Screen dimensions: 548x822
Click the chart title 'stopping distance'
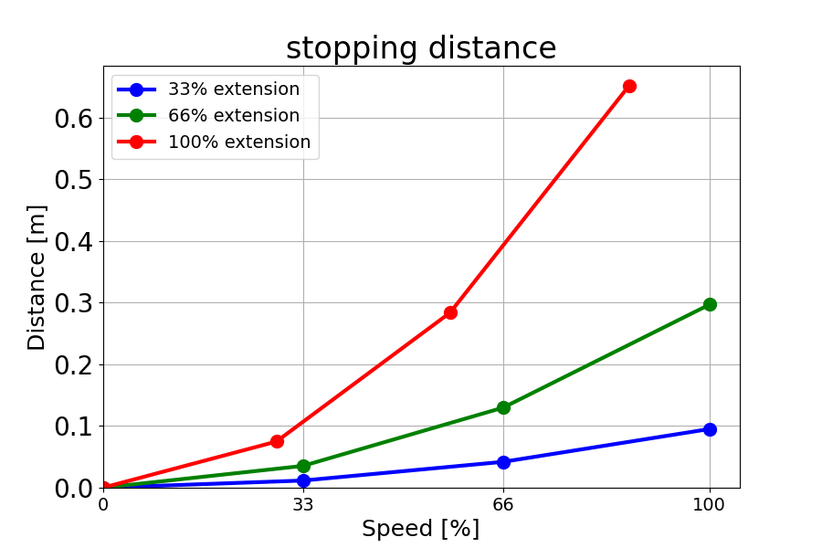point(421,48)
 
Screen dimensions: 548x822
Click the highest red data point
point(629,86)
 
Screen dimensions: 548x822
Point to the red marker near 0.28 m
point(450,312)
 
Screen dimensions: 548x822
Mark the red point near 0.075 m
point(277,441)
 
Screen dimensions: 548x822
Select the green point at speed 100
point(710,304)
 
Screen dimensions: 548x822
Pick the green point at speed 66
point(503,407)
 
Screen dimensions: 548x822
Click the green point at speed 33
point(303,466)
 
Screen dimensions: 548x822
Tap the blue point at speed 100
point(710,429)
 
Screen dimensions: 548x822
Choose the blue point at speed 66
point(503,462)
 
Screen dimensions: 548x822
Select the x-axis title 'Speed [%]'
point(420,529)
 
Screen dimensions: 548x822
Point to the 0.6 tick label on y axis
point(73,118)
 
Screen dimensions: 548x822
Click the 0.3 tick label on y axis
point(73,303)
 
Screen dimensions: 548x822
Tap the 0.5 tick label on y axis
point(73,180)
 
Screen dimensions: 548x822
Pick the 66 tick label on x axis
point(503,503)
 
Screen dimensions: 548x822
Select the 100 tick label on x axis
point(710,503)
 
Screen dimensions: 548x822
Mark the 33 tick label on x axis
point(303,503)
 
